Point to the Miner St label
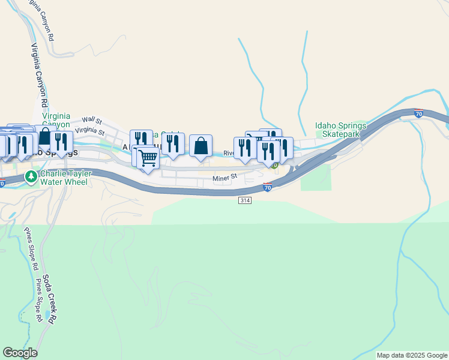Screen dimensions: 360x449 coord(225,177)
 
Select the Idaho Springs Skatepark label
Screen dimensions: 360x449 coord(340,130)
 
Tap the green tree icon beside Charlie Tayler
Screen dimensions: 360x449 coord(31,177)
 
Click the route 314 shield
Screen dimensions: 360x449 coord(244,200)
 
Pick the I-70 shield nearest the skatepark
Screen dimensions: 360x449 coord(419,112)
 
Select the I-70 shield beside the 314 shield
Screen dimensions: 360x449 coord(268,188)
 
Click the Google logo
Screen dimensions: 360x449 coord(20,353)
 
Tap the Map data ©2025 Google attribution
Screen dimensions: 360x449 coord(411,355)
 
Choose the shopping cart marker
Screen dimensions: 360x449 coord(148,158)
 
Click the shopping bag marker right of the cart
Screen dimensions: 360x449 coord(200,146)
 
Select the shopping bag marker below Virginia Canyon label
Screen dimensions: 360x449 coord(45,136)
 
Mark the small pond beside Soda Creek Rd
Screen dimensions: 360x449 coord(47,315)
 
